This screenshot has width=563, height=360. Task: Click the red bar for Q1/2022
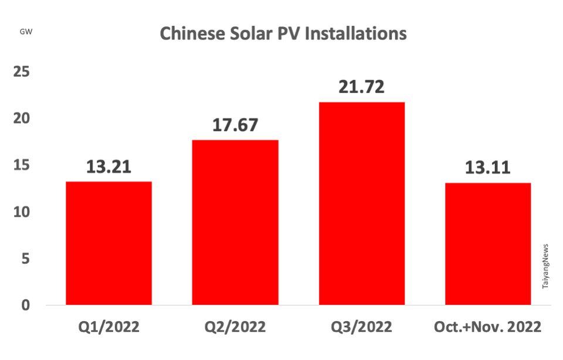coord(108,243)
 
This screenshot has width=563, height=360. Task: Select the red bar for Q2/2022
coord(235,223)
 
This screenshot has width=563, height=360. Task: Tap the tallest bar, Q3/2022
coord(361,203)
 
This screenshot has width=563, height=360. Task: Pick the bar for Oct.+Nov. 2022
coord(488,244)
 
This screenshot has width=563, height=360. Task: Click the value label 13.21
coord(108,167)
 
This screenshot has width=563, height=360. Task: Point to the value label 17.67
coord(235,125)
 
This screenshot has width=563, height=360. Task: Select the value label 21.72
coord(361,87)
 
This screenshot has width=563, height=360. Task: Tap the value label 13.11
coord(488,168)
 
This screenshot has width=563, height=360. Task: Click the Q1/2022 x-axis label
coord(108,327)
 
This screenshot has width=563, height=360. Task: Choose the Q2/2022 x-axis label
coord(235,327)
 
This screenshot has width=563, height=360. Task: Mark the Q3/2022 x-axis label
coord(361,327)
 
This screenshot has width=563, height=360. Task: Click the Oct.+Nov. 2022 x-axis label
coord(488,327)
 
